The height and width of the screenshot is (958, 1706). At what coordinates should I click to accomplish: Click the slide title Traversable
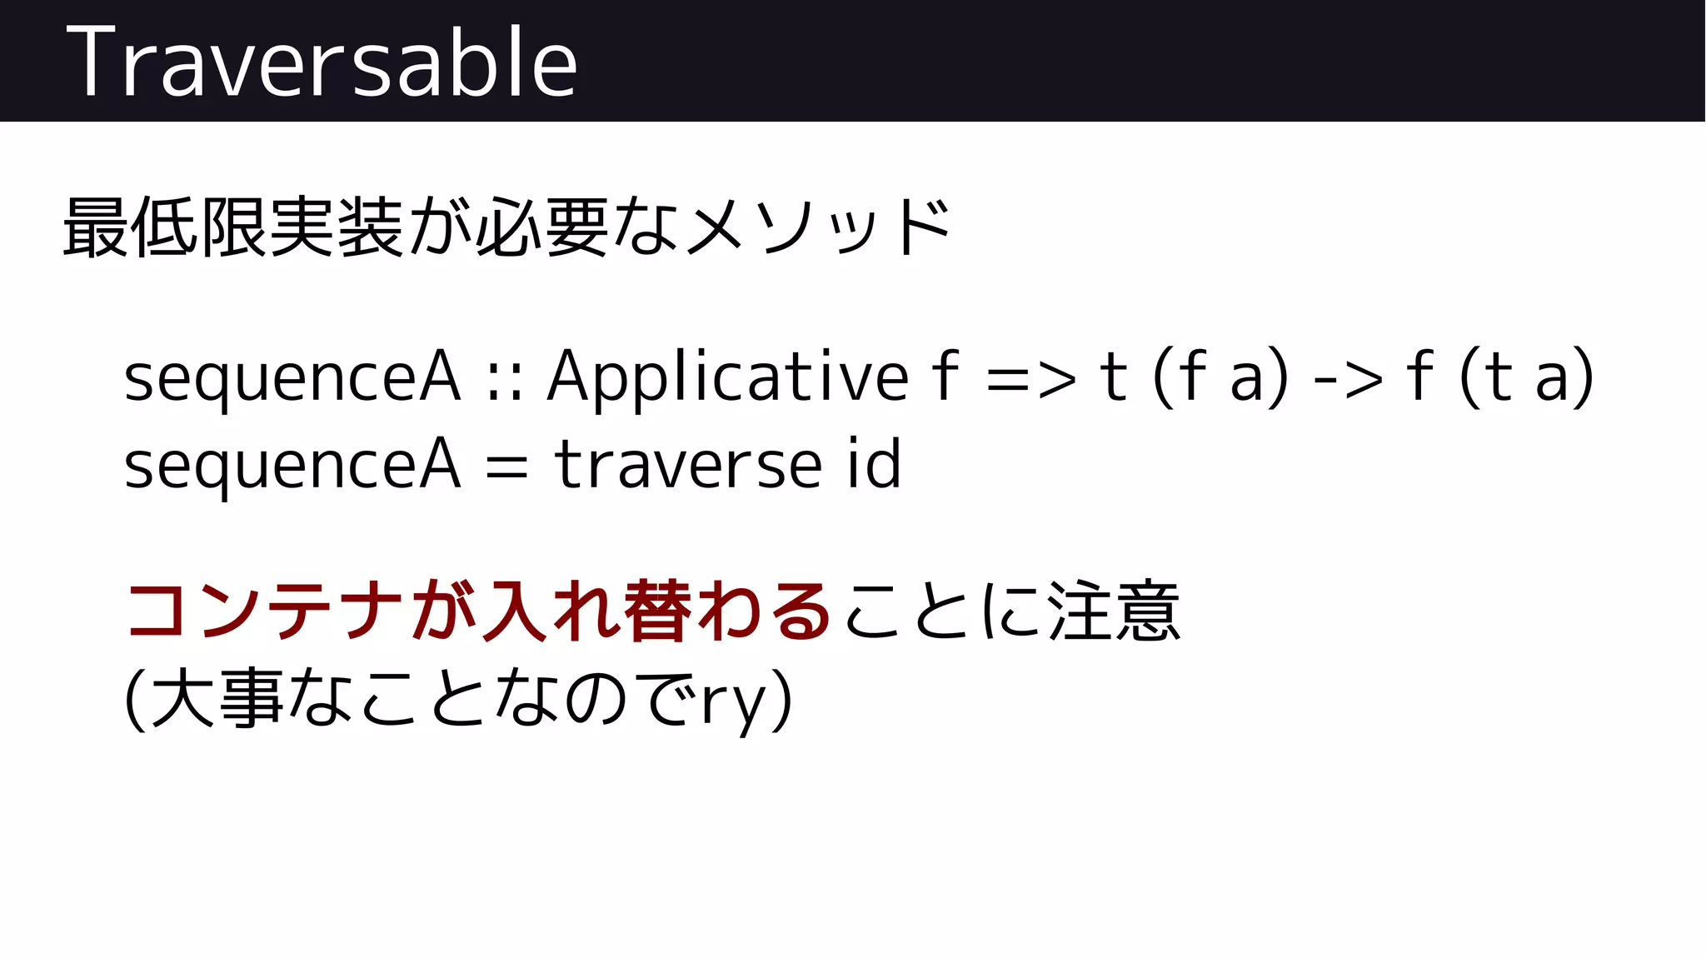(322, 62)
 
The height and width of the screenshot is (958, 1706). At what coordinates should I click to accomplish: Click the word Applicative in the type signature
(727, 377)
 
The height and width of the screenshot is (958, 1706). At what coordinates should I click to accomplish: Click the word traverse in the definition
(688, 465)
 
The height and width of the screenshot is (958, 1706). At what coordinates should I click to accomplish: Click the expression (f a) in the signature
(1220, 377)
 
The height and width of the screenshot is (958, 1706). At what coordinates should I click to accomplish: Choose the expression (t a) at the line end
(1526, 377)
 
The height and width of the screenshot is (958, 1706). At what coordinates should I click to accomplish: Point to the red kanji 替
(657, 611)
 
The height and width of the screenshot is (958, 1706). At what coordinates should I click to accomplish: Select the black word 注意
(1114, 611)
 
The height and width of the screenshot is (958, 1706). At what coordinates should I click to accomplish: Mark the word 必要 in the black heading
(542, 227)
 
